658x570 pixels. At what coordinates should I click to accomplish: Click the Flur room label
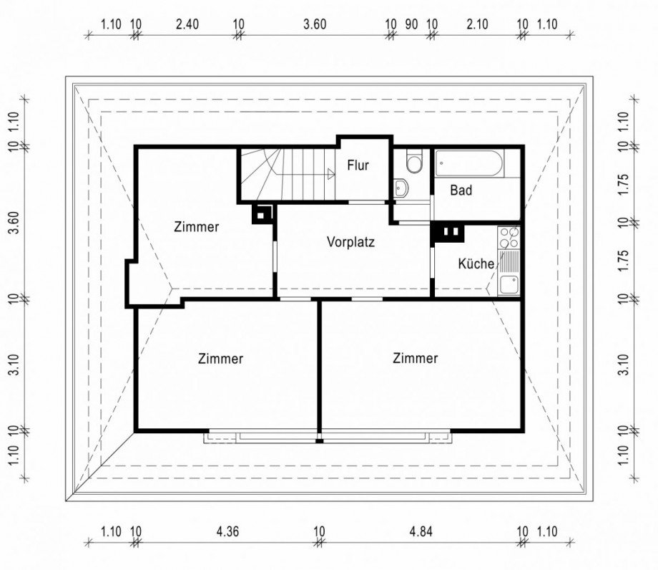[358, 165]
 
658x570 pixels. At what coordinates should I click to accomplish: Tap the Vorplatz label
[350, 242]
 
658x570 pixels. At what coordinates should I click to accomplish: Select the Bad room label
[461, 190]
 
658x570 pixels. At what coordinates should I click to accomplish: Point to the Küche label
[476, 264]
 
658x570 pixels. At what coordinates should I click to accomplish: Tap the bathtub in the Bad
[470, 163]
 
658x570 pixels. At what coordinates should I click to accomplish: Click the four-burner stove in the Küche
[509, 238]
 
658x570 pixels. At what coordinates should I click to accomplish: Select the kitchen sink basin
[509, 285]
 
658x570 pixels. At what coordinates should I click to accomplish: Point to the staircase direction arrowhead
[331, 173]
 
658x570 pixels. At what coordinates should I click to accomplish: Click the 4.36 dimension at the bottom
[227, 532]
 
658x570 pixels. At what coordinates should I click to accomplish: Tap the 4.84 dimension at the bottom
[421, 532]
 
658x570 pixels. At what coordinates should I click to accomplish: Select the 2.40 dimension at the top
[187, 24]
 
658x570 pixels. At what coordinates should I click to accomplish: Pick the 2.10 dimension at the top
[477, 24]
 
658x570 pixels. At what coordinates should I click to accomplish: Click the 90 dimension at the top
[411, 24]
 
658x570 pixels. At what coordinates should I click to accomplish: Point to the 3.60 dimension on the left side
[14, 223]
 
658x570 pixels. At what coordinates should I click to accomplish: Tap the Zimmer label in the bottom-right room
[415, 358]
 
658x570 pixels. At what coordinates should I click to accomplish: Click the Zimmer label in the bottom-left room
[220, 359]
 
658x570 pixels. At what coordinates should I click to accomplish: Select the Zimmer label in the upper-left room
[197, 227]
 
